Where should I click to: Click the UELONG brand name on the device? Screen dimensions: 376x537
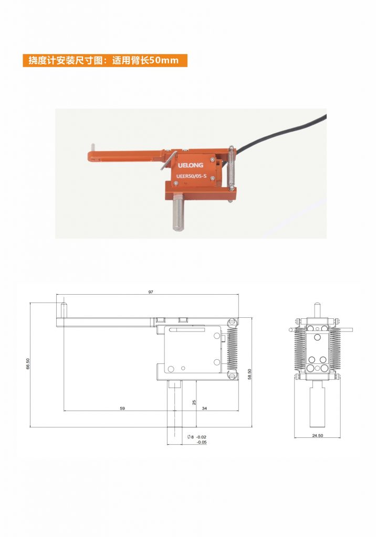tap(191, 165)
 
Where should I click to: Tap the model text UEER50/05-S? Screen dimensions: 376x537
tap(191, 176)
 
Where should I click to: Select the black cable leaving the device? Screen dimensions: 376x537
tap(277, 135)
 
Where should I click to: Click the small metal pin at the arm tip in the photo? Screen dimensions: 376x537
tap(92, 148)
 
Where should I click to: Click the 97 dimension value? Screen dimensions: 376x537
tap(151, 292)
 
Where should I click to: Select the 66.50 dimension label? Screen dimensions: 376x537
tap(28, 364)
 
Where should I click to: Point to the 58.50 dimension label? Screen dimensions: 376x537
tap(249, 374)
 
